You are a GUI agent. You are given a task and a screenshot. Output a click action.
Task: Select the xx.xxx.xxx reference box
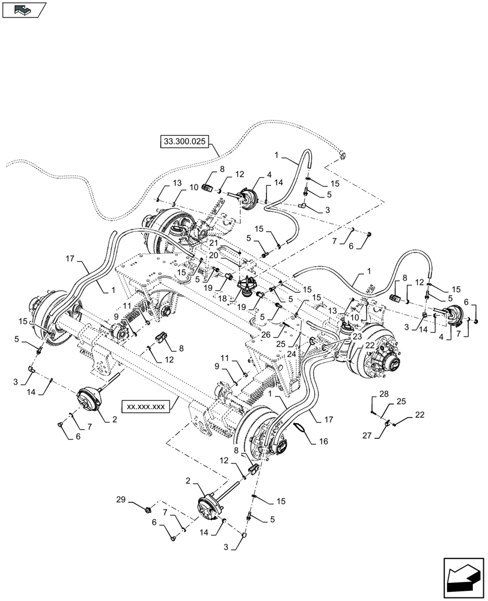click(x=145, y=406)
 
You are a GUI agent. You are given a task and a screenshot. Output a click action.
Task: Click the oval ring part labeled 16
click(x=298, y=428)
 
